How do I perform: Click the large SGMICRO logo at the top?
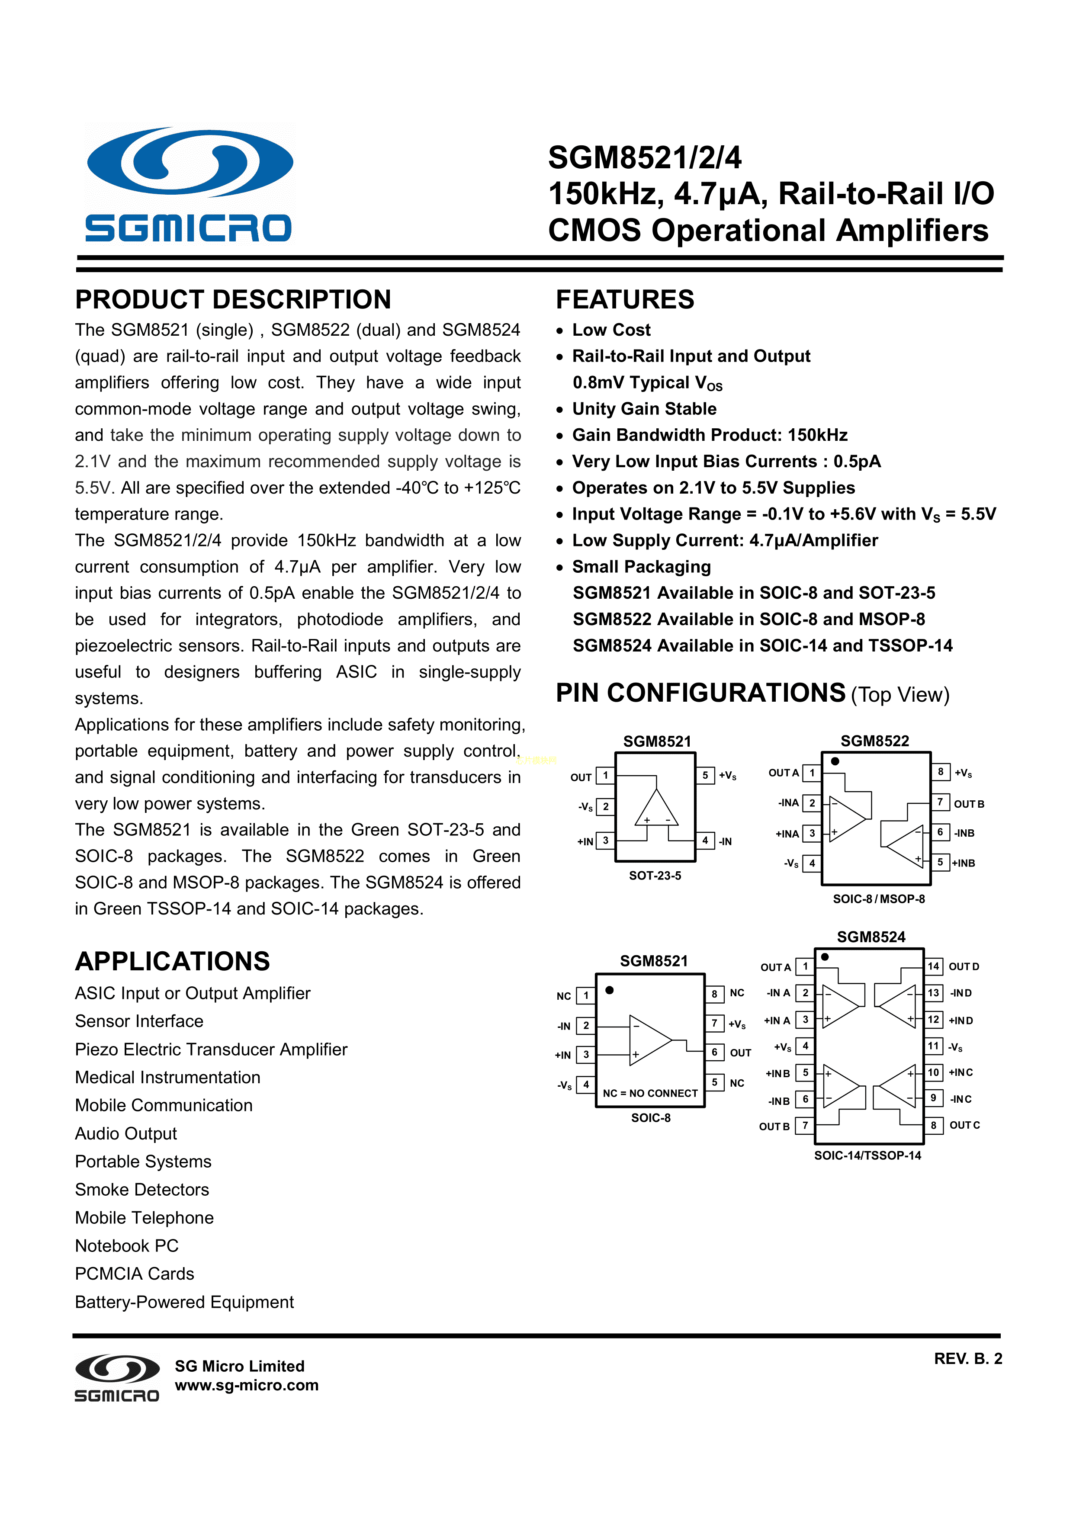click(190, 184)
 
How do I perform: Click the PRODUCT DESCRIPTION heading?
click(233, 299)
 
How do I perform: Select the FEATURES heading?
click(625, 299)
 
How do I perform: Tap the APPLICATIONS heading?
click(173, 961)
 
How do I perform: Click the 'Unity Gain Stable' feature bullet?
click(644, 408)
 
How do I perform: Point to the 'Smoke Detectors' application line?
click(142, 1189)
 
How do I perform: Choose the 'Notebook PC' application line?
click(127, 1245)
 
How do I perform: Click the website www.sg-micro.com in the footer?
click(247, 1385)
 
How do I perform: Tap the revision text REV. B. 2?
click(968, 1359)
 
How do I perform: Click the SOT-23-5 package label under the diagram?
click(655, 875)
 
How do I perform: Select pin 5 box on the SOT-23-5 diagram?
click(705, 775)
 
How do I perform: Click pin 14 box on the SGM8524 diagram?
click(933, 966)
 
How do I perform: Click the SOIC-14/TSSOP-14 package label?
click(867, 1155)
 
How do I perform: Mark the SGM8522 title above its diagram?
click(875, 741)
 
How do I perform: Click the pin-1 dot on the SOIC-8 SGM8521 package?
click(610, 990)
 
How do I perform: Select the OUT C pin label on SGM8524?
click(964, 1125)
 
